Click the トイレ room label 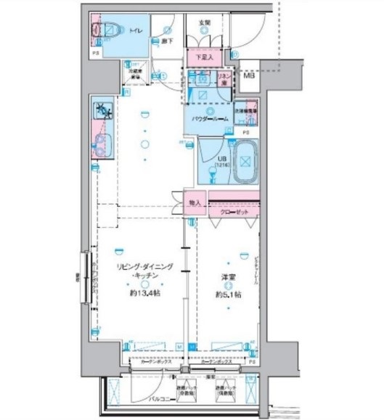[x=136, y=31]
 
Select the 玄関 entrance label [x=205, y=22]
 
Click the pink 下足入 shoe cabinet [x=205, y=56]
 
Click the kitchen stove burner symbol [x=101, y=111]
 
